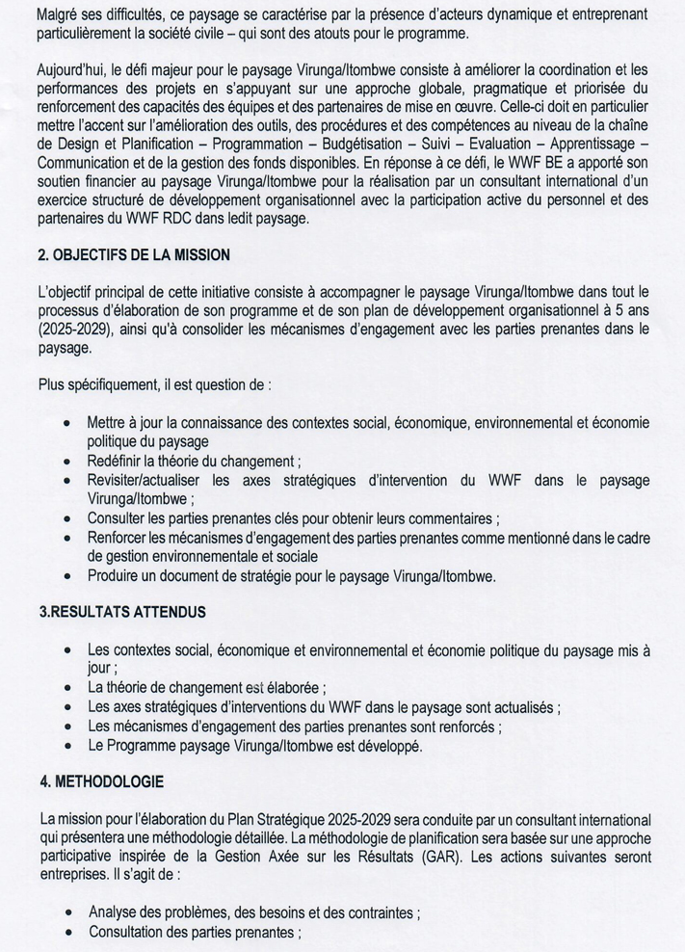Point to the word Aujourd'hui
(x=70, y=70)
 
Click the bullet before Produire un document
(x=66, y=577)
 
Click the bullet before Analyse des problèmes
(x=66, y=912)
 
